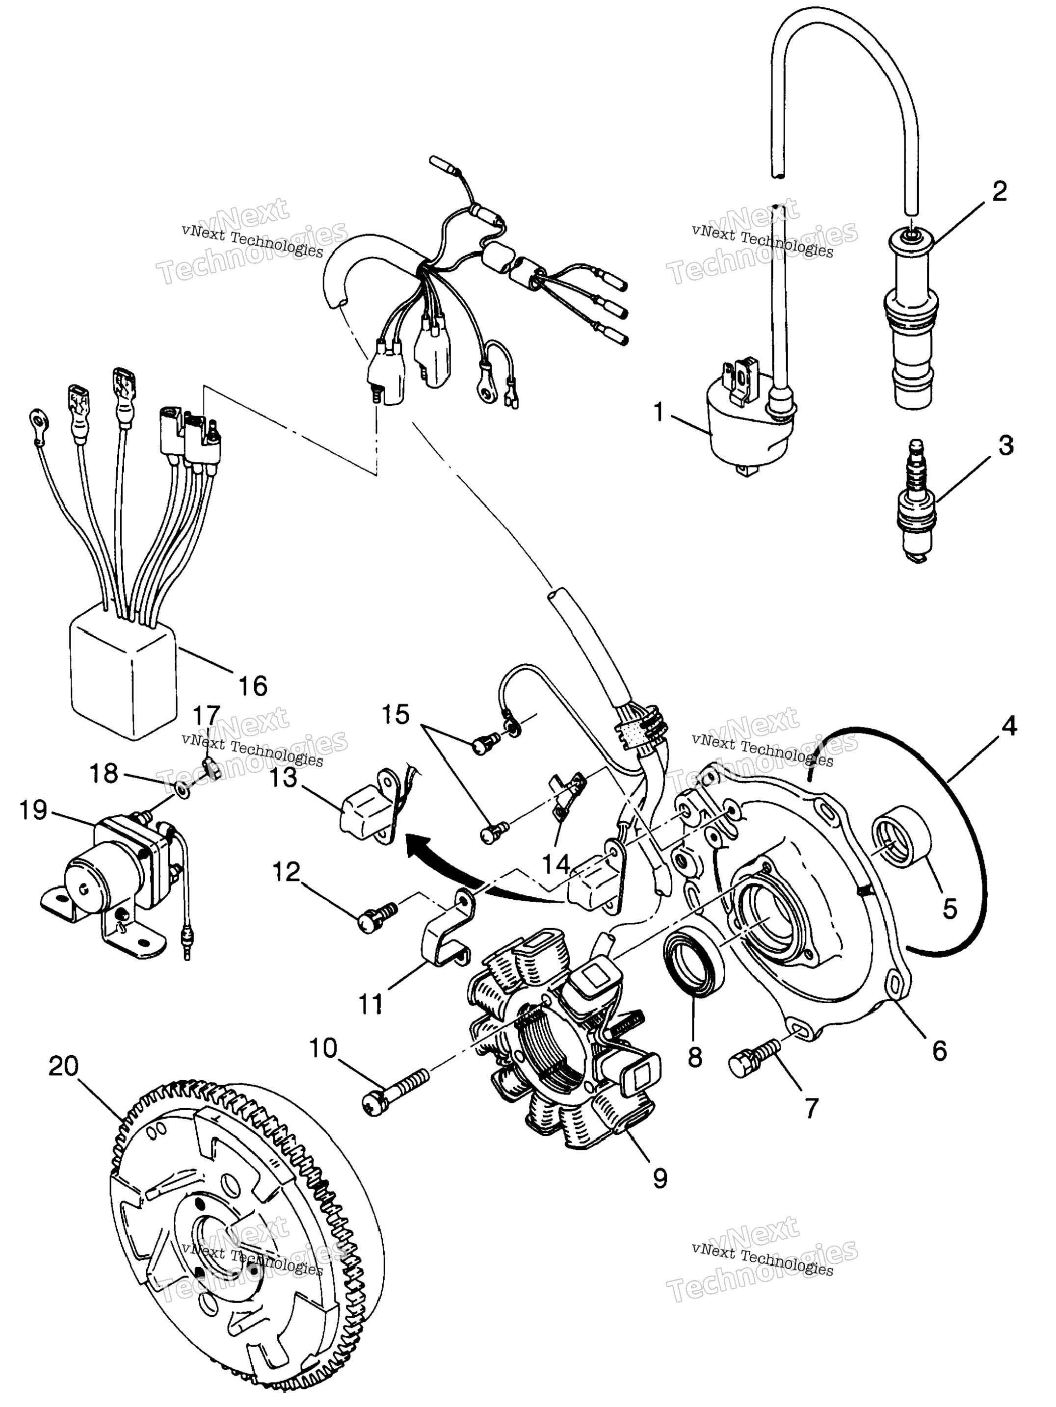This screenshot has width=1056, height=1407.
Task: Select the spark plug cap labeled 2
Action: (x=911, y=318)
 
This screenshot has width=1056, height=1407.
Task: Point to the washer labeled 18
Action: (x=181, y=791)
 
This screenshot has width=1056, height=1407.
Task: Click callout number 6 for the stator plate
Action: (x=940, y=1051)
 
